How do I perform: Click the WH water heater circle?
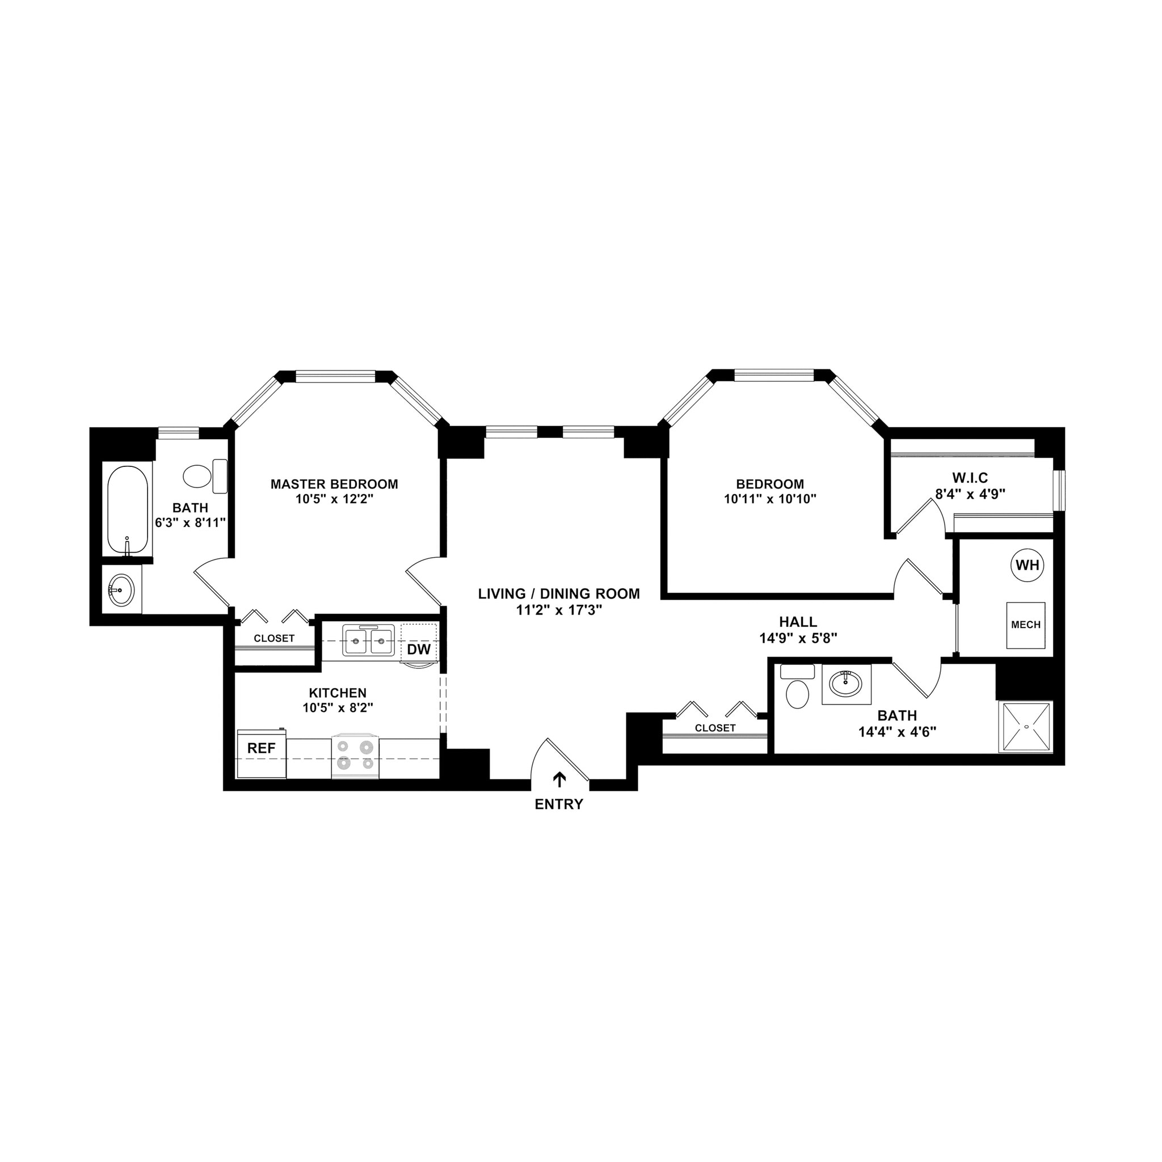pyautogui.click(x=1028, y=565)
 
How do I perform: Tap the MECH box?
pyautogui.click(x=1025, y=625)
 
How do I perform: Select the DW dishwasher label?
pyautogui.click(x=419, y=650)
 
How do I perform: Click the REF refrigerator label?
pyautogui.click(x=262, y=748)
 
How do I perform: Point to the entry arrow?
pyautogui.click(x=559, y=780)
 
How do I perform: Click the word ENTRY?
pyautogui.click(x=559, y=805)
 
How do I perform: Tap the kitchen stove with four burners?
pyautogui.click(x=355, y=755)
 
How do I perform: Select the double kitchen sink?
pyautogui.click(x=369, y=640)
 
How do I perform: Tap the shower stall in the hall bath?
pyautogui.click(x=1025, y=727)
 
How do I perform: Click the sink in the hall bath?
pyautogui.click(x=845, y=683)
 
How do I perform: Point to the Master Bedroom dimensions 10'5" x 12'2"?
pyautogui.click(x=334, y=499)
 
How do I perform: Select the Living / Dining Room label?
pyautogui.click(x=559, y=593)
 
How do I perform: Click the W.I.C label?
pyautogui.click(x=970, y=478)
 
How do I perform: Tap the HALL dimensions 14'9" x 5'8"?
pyautogui.click(x=798, y=638)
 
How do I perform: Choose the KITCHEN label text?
pyautogui.click(x=338, y=693)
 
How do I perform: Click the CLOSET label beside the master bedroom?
pyautogui.click(x=273, y=638)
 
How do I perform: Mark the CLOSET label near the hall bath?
pyautogui.click(x=715, y=728)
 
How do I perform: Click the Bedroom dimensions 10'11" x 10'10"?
pyautogui.click(x=770, y=499)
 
